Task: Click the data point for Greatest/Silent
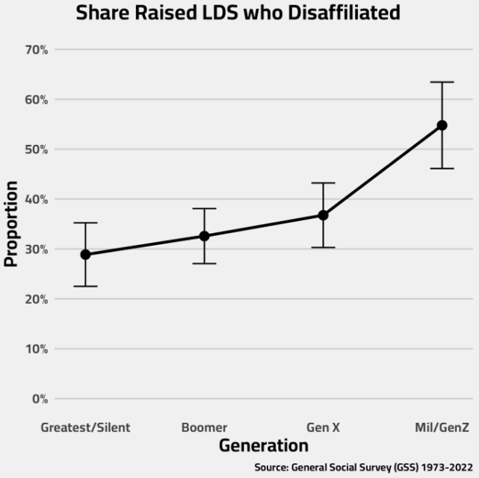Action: point(85,255)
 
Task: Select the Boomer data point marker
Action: point(204,236)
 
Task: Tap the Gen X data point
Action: point(323,215)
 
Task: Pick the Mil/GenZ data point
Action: point(442,125)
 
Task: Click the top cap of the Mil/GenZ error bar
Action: point(442,82)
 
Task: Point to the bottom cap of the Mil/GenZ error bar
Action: point(442,169)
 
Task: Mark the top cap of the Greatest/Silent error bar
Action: point(85,223)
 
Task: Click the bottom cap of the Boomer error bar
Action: point(204,264)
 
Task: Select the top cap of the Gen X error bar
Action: point(323,183)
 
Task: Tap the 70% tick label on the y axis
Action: point(36,50)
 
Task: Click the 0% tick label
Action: point(39,399)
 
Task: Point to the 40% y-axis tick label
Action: point(36,199)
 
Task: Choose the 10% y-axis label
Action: point(36,349)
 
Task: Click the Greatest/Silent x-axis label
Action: point(85,428)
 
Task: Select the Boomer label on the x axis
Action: point(204,428)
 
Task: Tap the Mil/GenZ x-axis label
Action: point(442,428)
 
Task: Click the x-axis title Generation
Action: point(263,446)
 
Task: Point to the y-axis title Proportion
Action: point(11,224)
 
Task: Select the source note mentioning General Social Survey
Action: point(365,468)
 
